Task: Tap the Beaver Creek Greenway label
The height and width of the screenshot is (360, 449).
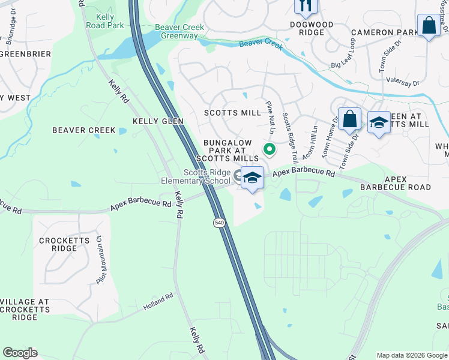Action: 179,32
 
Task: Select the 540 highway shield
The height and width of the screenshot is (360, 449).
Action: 218,223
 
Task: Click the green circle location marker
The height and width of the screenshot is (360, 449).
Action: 270,149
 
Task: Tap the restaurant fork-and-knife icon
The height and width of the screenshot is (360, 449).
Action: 304,5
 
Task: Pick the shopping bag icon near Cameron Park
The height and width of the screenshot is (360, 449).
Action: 429,26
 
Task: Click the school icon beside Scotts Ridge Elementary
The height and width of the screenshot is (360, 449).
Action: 253,178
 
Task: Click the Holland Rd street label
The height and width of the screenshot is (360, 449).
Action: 158,301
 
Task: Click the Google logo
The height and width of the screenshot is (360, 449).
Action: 20,353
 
